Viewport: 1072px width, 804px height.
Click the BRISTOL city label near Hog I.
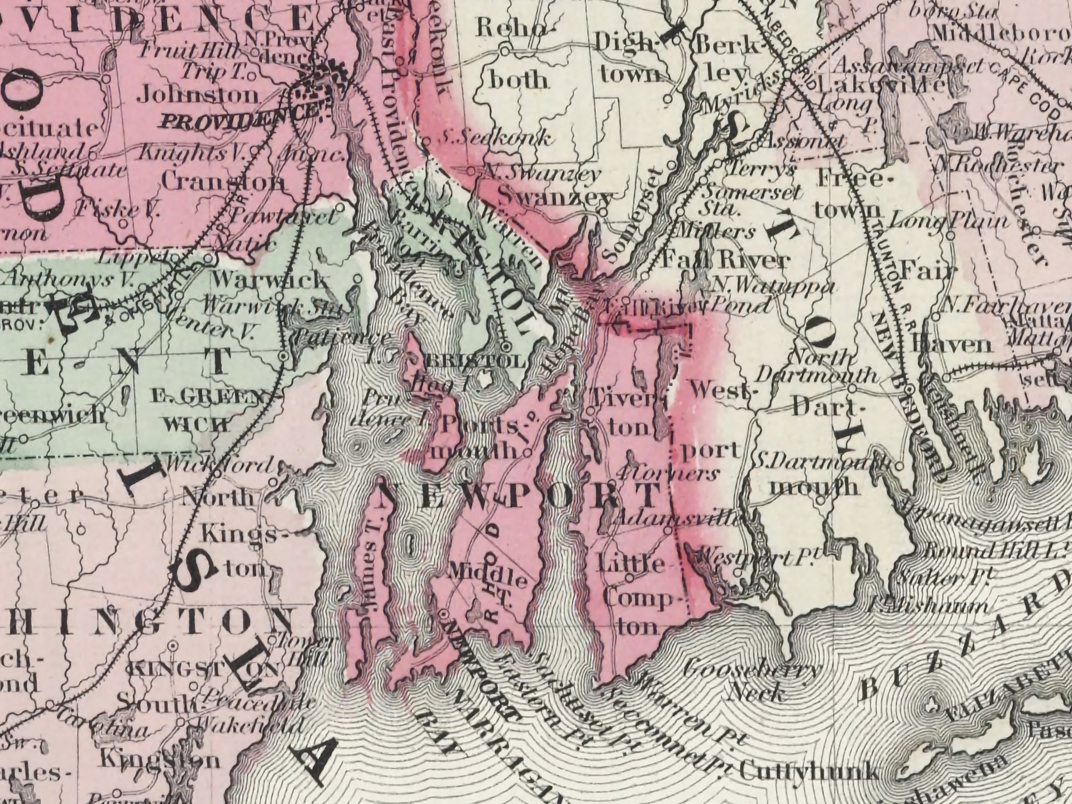point(475,361)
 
